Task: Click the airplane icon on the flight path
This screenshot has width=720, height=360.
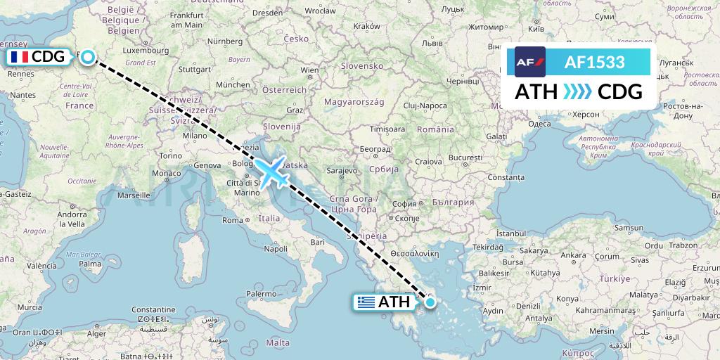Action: [271, 171]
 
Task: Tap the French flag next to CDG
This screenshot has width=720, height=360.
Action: [19, 57]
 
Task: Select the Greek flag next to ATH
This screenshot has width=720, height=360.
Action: [366, 302]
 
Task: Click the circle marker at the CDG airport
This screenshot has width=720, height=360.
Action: [87, 57]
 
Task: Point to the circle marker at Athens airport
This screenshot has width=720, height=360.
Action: [430, 302]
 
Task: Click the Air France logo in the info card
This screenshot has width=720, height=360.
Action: [530, 62]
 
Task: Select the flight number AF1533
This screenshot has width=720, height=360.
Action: [594, 62]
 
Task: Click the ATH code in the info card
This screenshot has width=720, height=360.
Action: [536, 92]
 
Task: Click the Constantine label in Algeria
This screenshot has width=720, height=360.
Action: [153, 309]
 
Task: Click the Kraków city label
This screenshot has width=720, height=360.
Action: [366, 26]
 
